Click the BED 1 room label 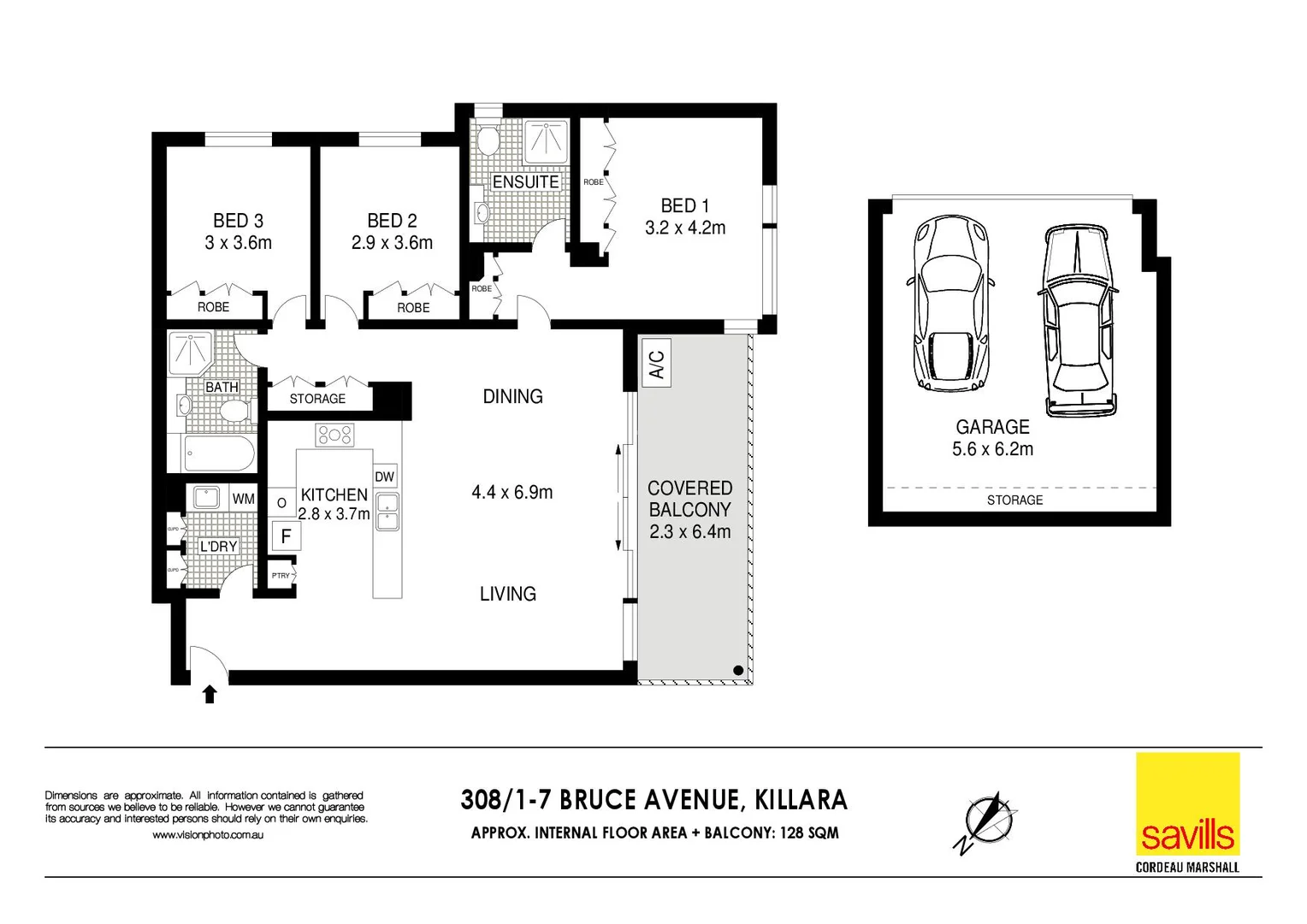[684, 206]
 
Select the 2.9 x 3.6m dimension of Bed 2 [392, 243]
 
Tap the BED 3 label [238, 221]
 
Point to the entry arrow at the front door [210, 693]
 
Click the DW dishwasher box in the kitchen [385, 477]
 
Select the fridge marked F [286, 536]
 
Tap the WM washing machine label [244, 499]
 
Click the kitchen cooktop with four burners [334, 435]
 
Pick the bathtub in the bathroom [219, 453]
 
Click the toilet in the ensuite [488, 140]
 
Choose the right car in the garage [1078, 320]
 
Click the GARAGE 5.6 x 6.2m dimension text [992, 449]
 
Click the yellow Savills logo [1187, 803]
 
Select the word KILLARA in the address [801, 800]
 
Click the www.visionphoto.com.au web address [208, 835]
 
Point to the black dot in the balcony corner [738, 671]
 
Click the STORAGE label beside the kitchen [317, 399]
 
